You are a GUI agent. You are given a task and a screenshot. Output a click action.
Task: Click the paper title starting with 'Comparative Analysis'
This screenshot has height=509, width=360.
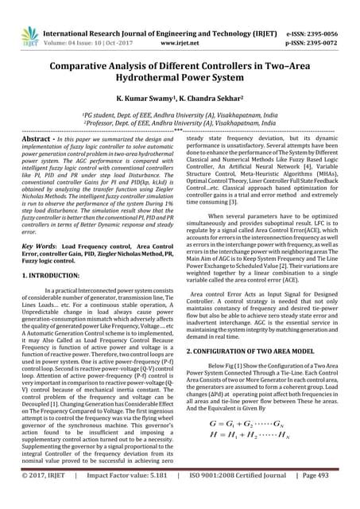pyautogui.click(x=180, y=60)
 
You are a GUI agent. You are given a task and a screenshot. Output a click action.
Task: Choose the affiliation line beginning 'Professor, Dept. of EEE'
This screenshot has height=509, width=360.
pyautogui.click(x=180, y=122)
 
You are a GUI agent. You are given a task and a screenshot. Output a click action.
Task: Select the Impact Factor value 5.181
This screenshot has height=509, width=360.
pyautogui.click(x=149, y=499)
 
